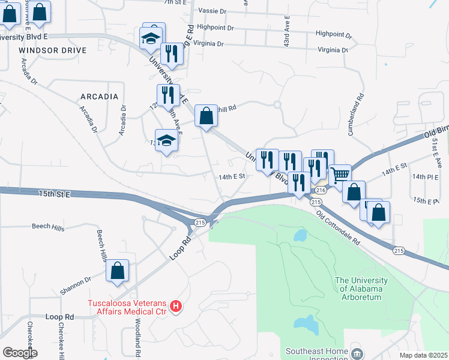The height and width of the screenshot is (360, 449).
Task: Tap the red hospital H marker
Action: [x=176, y=307]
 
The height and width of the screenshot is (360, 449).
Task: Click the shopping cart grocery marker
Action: [x=340, y=175]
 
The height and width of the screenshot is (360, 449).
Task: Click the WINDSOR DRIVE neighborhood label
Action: [x=48, y=50]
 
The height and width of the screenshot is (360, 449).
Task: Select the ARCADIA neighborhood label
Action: [x=99, y=97]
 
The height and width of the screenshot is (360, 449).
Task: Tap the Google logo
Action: [x=20, y=353]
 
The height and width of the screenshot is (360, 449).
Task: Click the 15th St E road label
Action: [x=55, y=194]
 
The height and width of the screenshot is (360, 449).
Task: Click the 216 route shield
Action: [x=320, y=190]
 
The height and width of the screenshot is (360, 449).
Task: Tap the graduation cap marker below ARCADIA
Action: [x=166, y=141]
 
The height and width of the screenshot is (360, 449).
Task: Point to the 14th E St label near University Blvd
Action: [x=233, y=177]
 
